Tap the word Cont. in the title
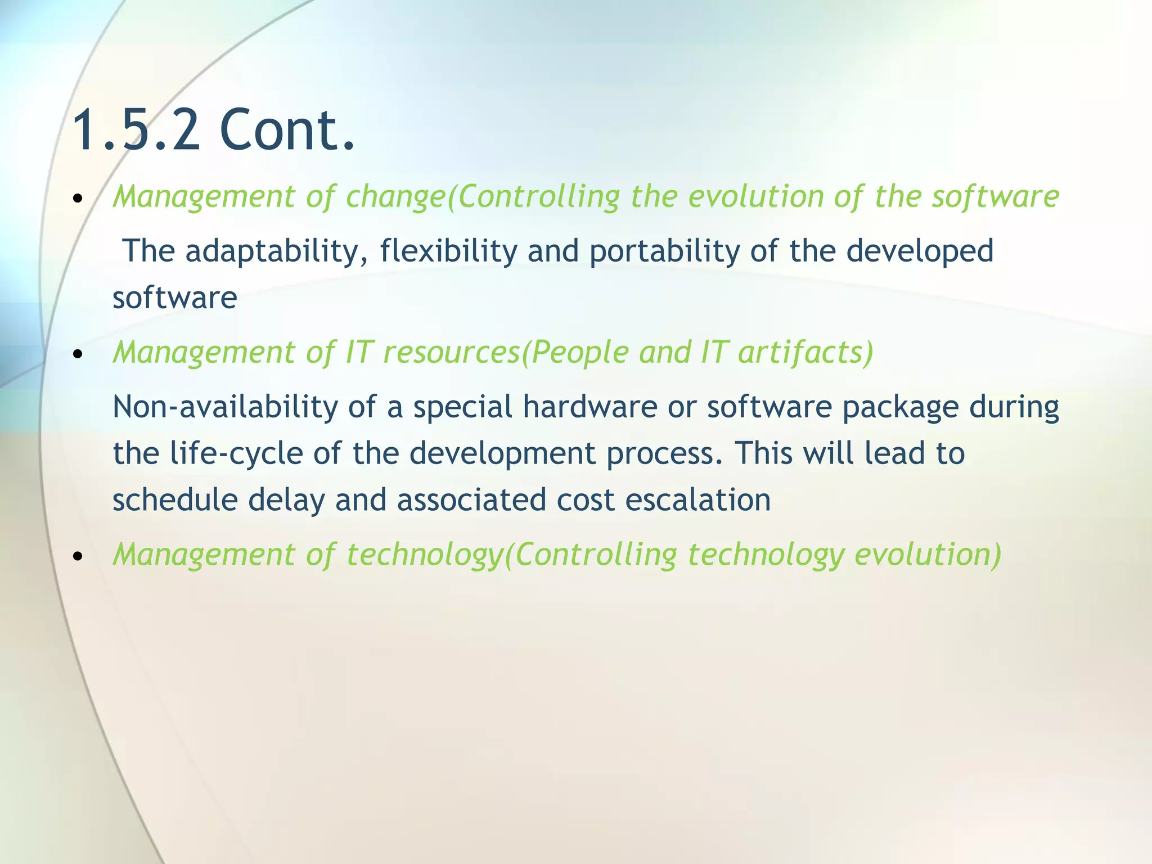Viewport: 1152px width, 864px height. (x=287, y=130)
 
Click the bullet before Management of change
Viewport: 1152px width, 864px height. (x=78, y=199)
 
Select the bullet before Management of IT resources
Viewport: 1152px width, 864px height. (x=78, y=354)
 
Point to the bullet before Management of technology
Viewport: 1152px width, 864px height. (x=78, y=556)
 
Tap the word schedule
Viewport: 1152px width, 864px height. (x=175, y=500)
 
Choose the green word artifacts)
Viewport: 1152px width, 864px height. (x=805, y=353)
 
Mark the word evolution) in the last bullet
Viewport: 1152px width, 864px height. (x=928, y=555)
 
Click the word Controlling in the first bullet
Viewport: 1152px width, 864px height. (x=538, y=197)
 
